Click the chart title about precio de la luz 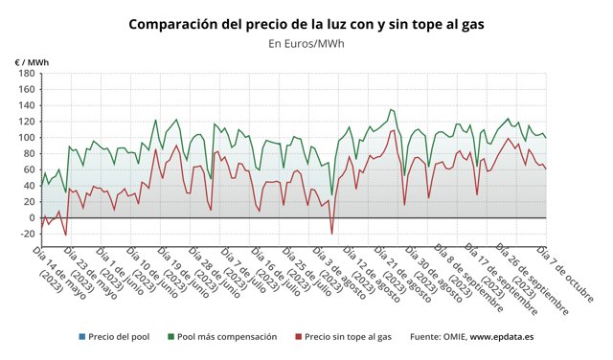coord(306,23)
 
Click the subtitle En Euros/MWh coord(306,43)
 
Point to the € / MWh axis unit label coord(32,62)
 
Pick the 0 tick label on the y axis coord(32,217)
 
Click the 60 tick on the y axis coord(29,169)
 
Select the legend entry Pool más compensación coord(227,337)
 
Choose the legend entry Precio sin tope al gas coord(346,337)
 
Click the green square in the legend coord(170,337)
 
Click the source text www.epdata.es coord(503,337)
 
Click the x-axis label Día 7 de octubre coord(559,273)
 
